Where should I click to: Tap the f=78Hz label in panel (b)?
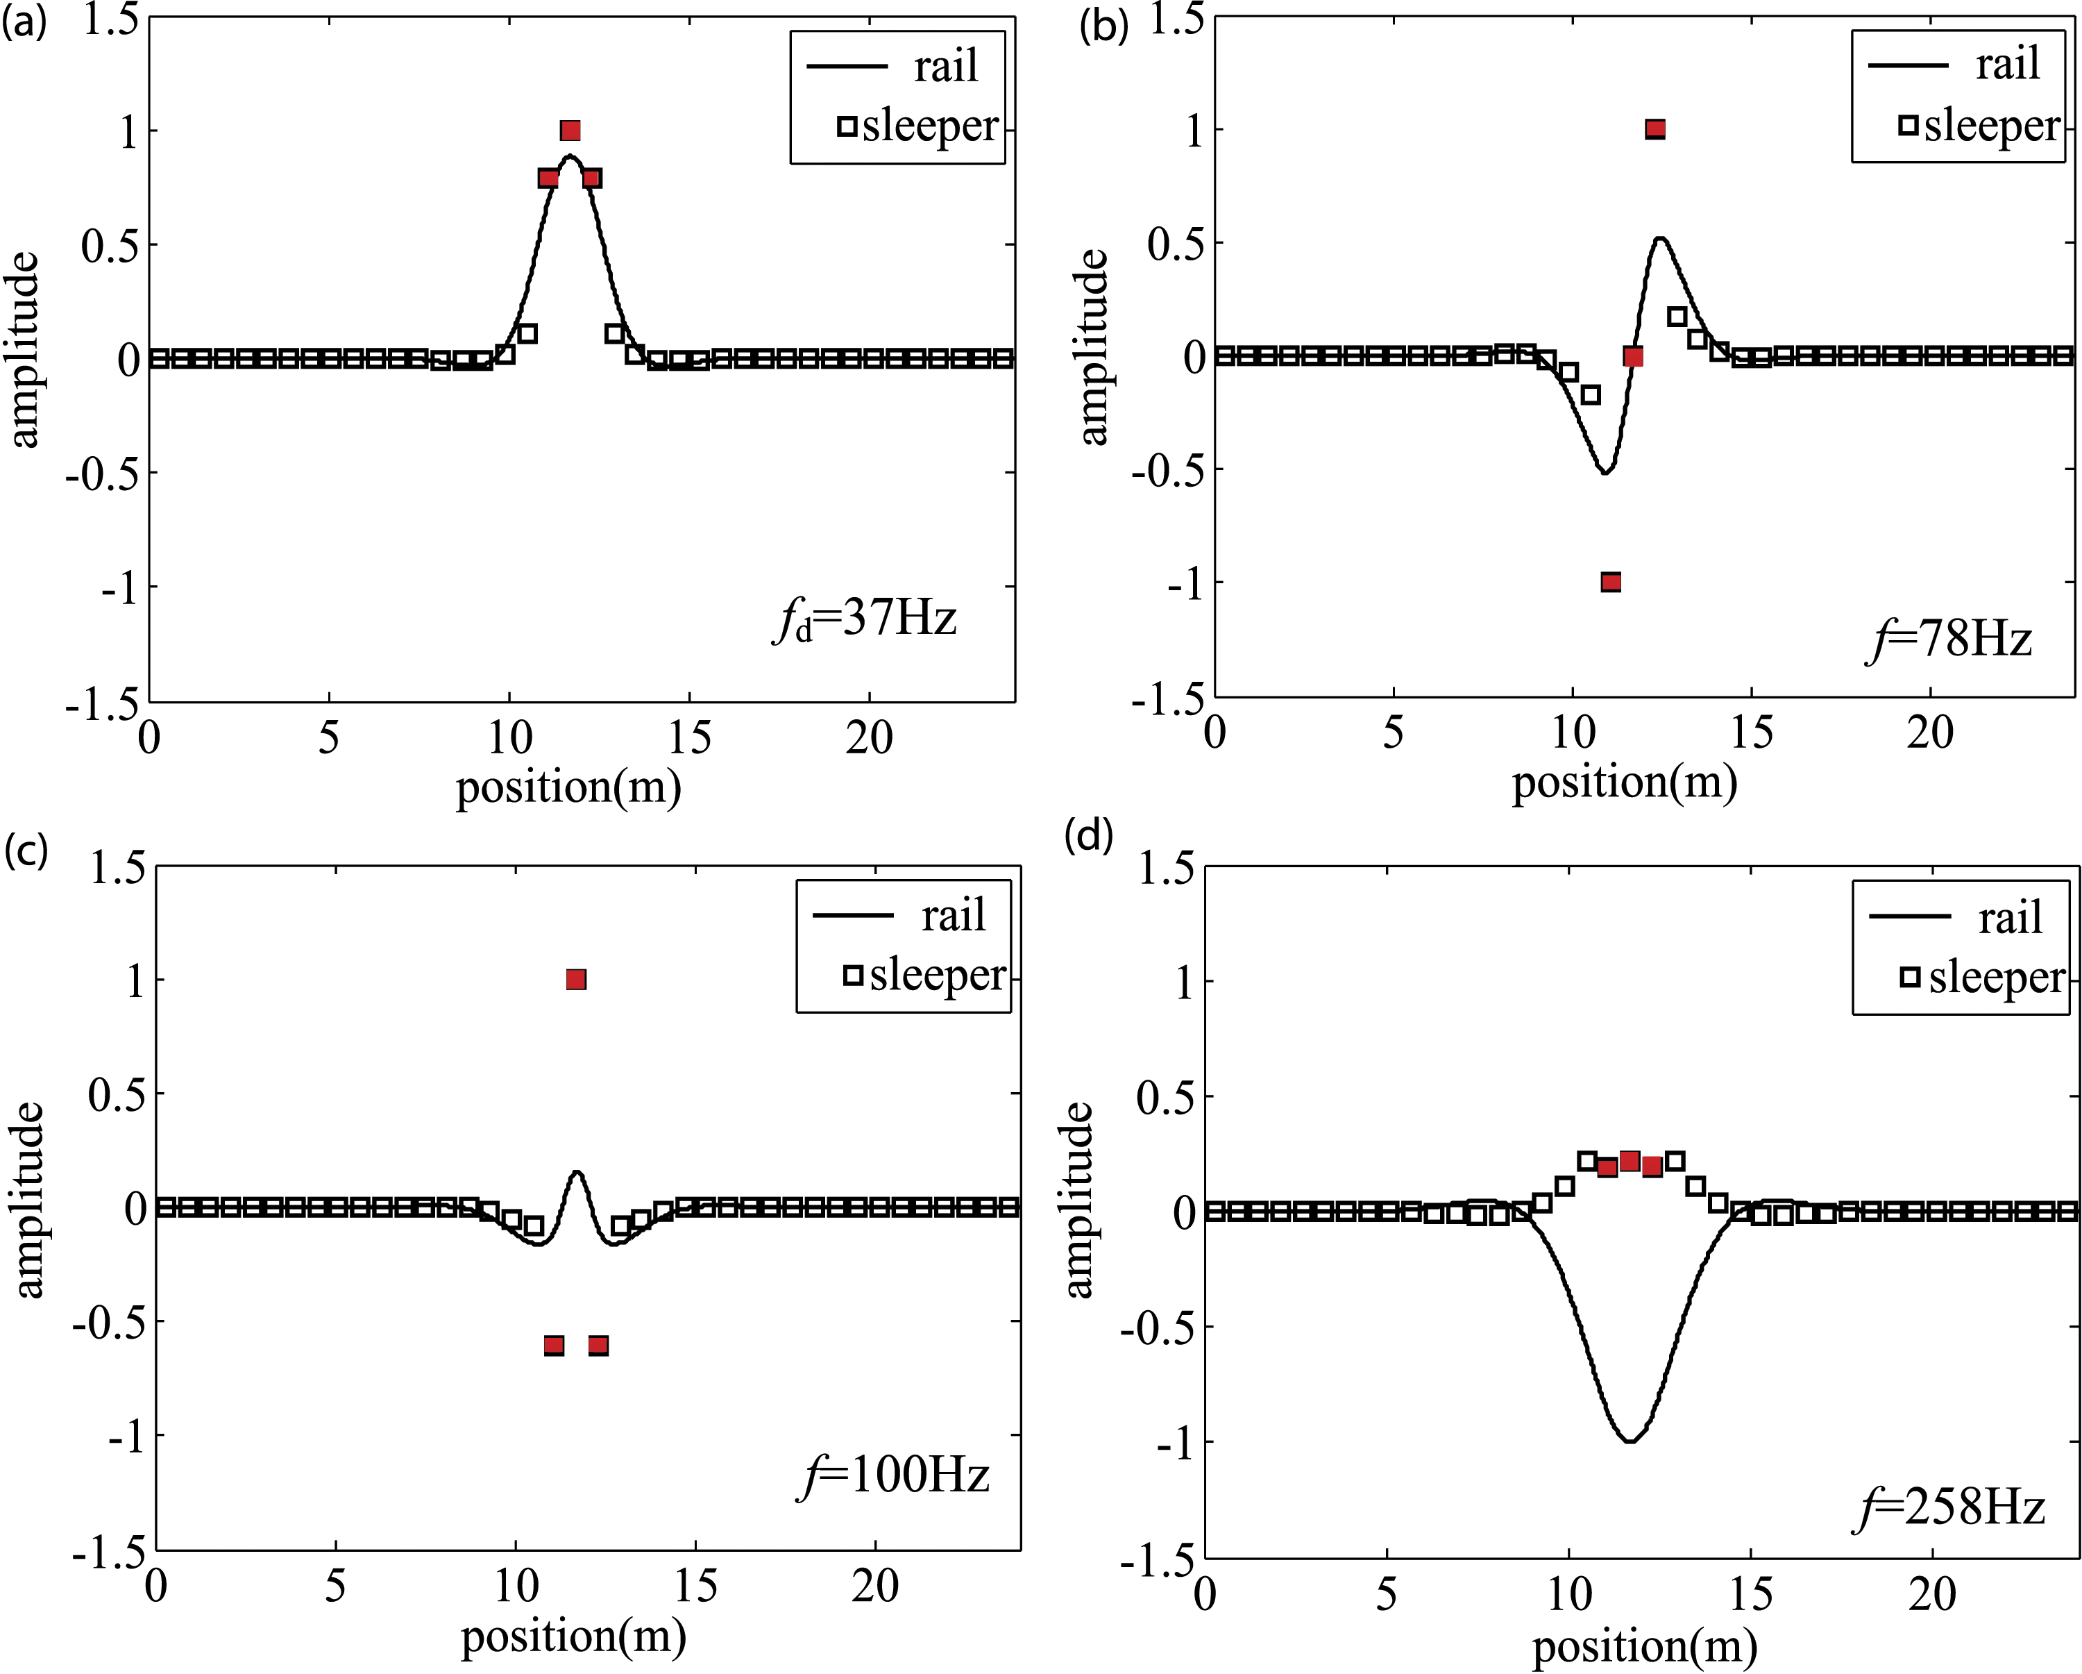tap(1949, 639)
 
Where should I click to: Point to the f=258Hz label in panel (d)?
tap(1949, 1507)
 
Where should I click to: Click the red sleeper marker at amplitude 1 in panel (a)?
tap(570, 131)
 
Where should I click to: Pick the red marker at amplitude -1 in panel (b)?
tap(1611, 582)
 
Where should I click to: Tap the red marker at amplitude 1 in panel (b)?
tap(1655, 128)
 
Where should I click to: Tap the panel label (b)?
tap(1103, 26)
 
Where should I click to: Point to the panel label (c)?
tap(25, 850)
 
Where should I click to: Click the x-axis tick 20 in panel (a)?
tap(869, 738)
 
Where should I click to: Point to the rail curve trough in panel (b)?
tap(1604, 471)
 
